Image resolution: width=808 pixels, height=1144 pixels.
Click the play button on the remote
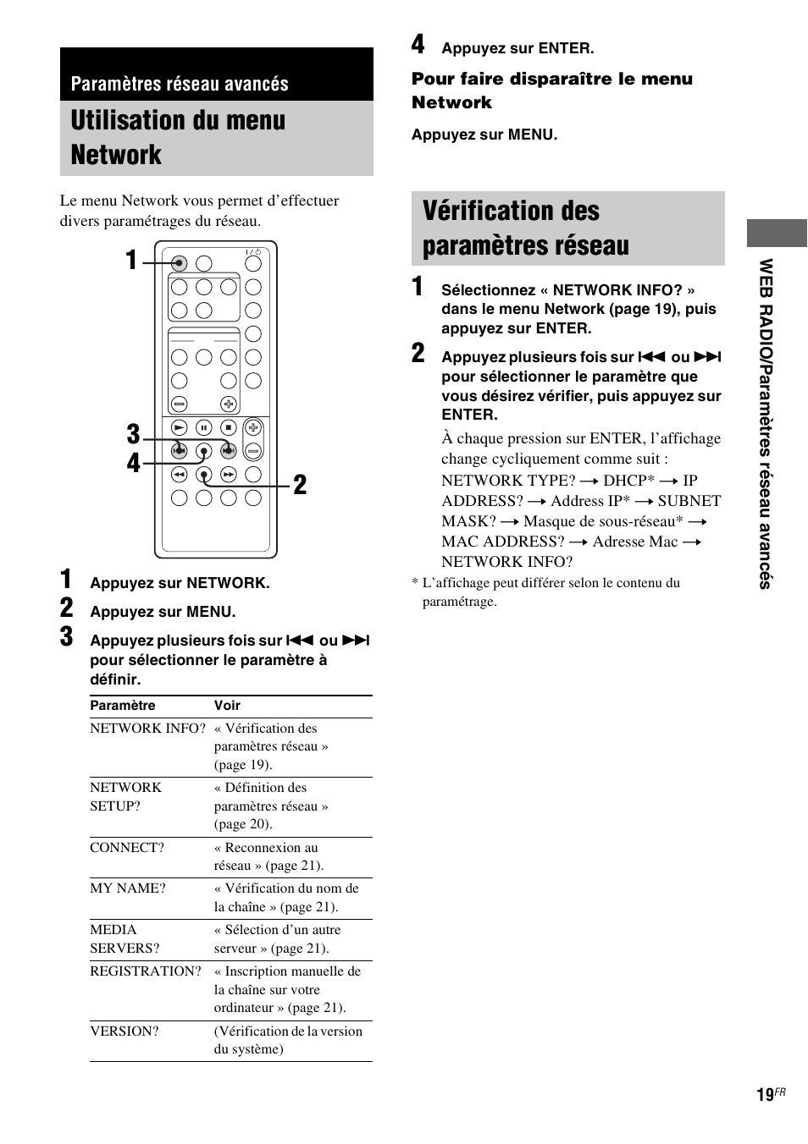pos(179,428)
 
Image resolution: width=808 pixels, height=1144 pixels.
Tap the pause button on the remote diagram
pos(203,428)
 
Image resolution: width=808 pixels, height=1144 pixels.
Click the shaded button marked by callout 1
pos(179,263)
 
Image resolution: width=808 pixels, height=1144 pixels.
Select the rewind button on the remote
pos(179,475)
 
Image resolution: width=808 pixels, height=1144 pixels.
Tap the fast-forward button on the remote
pos(229,475)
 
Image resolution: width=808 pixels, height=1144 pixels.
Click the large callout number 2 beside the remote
pos(300,485)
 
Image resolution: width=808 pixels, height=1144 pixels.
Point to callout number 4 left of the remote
pos(133,463)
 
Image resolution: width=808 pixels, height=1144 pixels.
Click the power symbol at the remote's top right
pos(253,252)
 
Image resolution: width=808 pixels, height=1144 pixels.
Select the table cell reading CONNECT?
pos(127,848)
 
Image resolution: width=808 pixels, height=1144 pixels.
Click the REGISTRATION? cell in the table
pos(146,971)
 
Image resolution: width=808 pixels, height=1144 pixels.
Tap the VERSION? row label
pos(125,1031)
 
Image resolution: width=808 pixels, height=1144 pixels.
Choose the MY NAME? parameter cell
pos(128,888)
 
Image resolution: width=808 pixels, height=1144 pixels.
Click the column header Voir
pos(227,706)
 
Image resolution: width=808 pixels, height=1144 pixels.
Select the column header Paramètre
pos(123,706)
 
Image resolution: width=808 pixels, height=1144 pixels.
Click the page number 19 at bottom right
pos(765,1095)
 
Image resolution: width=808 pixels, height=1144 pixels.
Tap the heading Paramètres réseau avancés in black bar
pos(180,84)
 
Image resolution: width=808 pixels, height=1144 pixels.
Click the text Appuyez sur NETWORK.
pos(180,583)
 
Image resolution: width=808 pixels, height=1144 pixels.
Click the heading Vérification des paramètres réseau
pos(525,228)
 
